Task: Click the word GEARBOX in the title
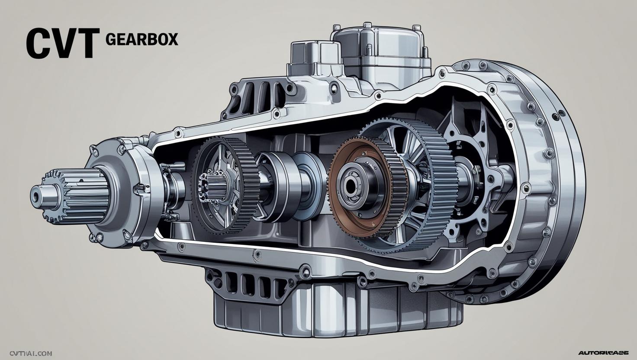coord(142,39)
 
